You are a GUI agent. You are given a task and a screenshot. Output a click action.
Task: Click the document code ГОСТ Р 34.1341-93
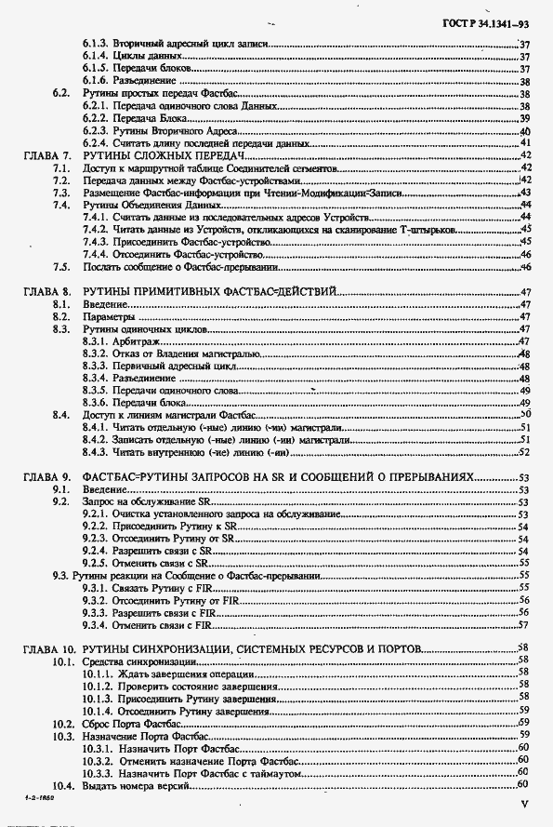495,20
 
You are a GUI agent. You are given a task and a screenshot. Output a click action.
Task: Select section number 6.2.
62,94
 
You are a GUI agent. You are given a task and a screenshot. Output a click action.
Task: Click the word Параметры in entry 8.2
108,316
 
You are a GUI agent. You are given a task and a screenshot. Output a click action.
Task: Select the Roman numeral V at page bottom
524,803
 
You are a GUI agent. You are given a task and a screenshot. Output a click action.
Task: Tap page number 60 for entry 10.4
523,786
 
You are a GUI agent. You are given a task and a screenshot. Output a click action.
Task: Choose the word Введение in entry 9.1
105,489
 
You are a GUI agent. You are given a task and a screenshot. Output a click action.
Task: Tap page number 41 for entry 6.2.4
524,145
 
